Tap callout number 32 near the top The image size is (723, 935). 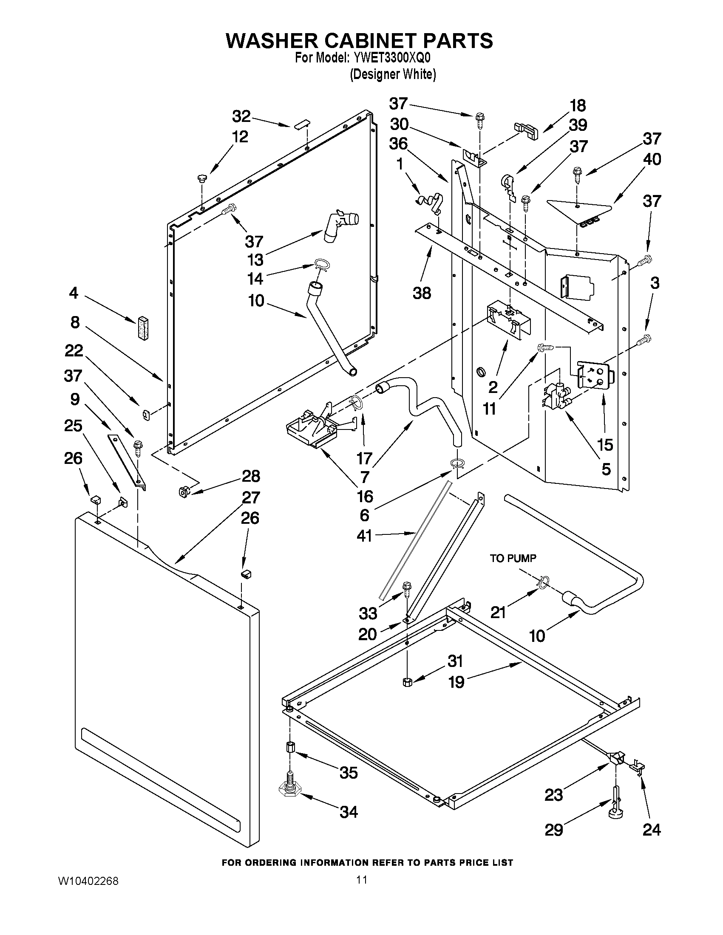click(241, 116)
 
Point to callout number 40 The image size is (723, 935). click(652, 159)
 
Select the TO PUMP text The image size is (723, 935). click(513, 558)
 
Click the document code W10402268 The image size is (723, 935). click(88, 881)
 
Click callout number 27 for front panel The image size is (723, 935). click(251, 497)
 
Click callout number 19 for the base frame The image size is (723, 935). click(456, 682)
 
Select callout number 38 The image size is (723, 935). click(422, 293)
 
